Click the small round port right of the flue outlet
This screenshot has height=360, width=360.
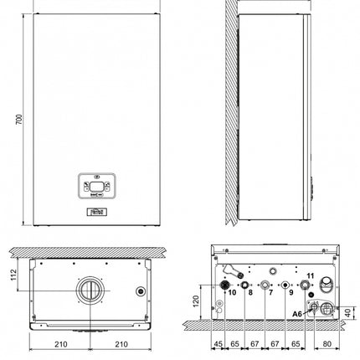[x=139, y=293]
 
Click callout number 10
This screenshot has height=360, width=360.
[x=231, y=293]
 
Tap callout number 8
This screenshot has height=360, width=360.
[x=249, y=294]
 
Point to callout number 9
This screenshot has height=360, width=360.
[x=291, y=294]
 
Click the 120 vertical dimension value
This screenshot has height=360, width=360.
[x=197, y=302]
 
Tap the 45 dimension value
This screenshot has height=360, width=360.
[x=218, y=344]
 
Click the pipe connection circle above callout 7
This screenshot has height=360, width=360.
[x=265, y=285]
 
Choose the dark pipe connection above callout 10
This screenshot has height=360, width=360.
[x=225, y=285]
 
